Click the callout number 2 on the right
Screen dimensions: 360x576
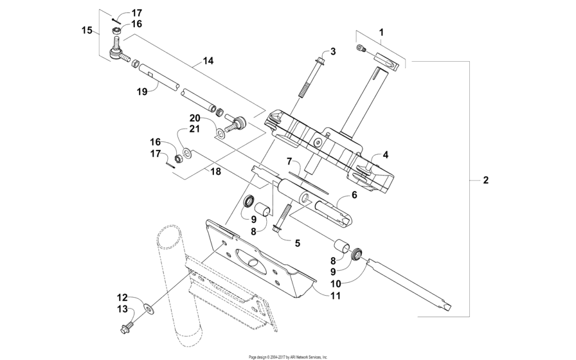[486, 180]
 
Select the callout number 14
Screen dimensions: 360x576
[208, 61]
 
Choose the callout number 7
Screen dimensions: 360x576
[290, 160]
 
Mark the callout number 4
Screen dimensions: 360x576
[386, 154]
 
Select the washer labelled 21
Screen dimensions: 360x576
[187, 153]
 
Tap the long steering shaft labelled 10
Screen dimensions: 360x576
[411, 282]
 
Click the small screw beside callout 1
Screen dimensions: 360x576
[361, 47]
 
